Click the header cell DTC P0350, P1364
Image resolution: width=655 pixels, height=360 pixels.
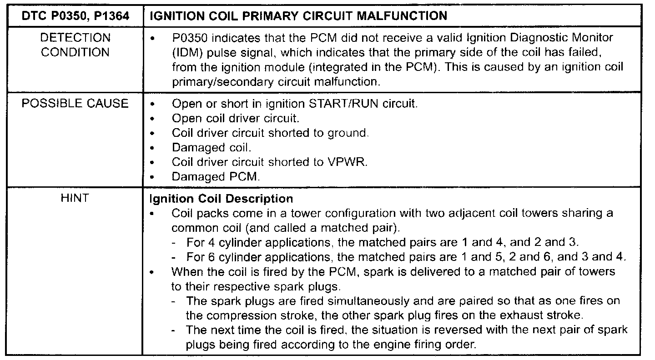(76, 16)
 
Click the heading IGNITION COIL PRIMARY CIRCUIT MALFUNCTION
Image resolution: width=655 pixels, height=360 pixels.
(298, 16)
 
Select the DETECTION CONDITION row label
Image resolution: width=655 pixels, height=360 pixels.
(76, 45)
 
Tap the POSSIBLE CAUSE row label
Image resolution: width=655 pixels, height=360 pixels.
(76, 104)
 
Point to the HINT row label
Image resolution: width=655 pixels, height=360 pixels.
(76, 199)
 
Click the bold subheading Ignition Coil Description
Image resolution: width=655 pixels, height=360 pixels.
(221, 199)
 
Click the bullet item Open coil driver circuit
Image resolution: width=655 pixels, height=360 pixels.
(235, 119)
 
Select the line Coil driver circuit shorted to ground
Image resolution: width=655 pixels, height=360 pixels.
(270, 133)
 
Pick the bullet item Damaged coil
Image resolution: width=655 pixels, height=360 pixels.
(211, 148)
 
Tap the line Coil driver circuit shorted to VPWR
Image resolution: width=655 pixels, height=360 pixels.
(269, 162)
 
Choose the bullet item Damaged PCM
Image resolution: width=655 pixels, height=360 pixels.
(216, 177)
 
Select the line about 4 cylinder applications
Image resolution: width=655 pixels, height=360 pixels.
(383, 242)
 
